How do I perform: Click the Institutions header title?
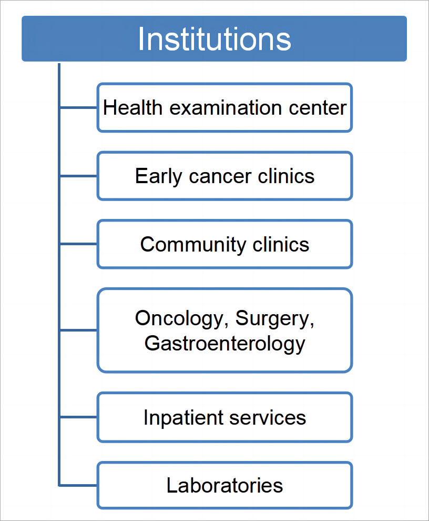214,39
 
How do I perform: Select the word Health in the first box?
132,108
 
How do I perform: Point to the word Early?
158,176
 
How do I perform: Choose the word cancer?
220,177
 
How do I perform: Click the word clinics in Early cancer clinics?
286,176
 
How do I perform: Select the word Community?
193,245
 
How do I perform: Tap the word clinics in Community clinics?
281,244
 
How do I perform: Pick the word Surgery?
274,318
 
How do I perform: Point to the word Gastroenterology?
225,344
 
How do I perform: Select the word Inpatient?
182,418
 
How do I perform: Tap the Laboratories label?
225,485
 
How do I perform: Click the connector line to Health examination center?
78,108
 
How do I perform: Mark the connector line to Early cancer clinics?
78,176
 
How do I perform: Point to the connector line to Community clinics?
78,244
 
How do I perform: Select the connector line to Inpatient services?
78,417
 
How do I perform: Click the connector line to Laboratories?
78,485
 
